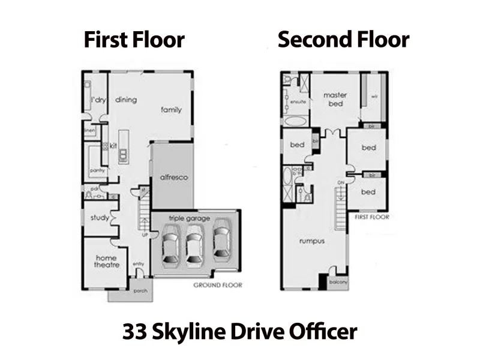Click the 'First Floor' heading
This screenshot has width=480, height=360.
[x=134, y=40]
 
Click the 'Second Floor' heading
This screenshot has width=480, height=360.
[x=343, y=40]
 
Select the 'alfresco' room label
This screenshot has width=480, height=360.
[x=175, y=178]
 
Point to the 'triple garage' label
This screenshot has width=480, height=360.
[x=189, y=218]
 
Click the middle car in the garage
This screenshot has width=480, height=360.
[x=193, y=246]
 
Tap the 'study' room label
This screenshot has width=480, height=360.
[x=98, y=218]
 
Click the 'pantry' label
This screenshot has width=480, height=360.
[x=97, y=170]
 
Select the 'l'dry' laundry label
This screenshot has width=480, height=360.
[x=98, y=100]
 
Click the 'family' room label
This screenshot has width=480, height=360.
[x=171, y=110]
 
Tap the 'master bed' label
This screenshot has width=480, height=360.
[x=335, y=99]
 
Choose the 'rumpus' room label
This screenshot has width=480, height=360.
[x=312, y=241]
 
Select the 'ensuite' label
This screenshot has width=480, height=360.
[x=298, y=102]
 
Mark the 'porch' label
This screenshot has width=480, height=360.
[x=140, y=292]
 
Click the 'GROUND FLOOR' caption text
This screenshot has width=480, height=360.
[x=217, y=285]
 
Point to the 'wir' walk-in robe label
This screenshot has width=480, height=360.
[x=374, y=96]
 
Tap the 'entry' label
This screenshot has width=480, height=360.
[x=139, y=264]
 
